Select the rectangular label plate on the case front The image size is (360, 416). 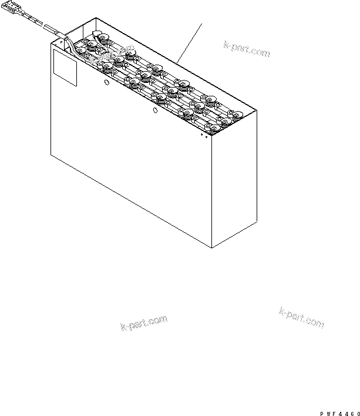point(65,68)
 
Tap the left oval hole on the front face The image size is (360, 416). point(106,82)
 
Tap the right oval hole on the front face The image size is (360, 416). point(156,110)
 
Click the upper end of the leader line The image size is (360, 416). point(202,24)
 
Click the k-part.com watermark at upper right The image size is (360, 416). point(247,49)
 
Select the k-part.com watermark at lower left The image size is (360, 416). point(144,323)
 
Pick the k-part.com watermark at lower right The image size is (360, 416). point(301,318)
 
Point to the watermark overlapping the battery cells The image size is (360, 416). point(112,55)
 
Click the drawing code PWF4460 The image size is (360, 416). point(340,414)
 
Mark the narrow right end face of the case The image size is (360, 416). point(234,179)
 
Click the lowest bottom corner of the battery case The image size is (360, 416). point(211,248)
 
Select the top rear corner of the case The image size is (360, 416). point(96,18)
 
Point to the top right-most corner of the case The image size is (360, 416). point(257,110)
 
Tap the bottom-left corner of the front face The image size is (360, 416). point(51,155)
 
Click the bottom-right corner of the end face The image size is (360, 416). point(257,221)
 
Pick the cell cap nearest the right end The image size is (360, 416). point(235,115)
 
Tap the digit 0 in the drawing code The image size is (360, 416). point(358,414)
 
